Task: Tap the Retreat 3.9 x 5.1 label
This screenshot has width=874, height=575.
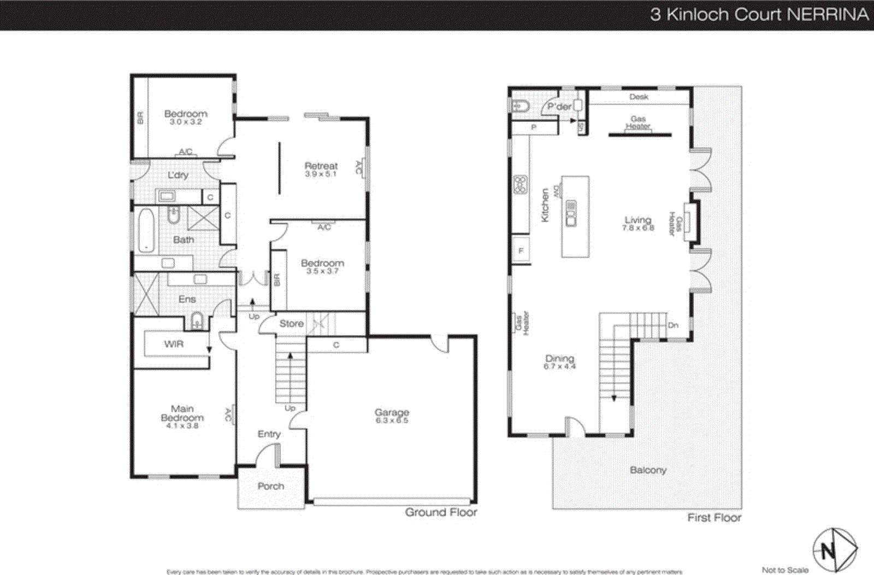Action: (321, 169)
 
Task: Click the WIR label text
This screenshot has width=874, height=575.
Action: (174, 344)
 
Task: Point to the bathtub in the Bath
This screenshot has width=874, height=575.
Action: (146, 230)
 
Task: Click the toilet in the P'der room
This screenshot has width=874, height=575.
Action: (521, 106)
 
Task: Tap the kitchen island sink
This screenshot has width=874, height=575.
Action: (571, 213)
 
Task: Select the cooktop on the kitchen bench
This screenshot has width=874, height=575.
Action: (520, 185)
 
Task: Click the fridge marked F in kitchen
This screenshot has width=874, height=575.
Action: (521, 251)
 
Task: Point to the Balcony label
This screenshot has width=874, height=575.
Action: (648, 470)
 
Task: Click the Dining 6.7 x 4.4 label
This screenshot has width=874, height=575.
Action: (559, 362)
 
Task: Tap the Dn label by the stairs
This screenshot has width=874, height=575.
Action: (673, 325)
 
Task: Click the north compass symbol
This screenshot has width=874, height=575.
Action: (834, 550)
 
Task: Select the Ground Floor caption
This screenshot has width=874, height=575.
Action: (441, 512)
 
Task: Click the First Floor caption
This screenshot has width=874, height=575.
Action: (714, 517)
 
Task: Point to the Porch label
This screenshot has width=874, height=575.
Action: (271, 486)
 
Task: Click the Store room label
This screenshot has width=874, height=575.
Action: (291, 324)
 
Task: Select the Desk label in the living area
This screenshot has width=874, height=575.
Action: (639, 97)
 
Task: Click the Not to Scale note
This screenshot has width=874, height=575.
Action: (785, 570)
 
